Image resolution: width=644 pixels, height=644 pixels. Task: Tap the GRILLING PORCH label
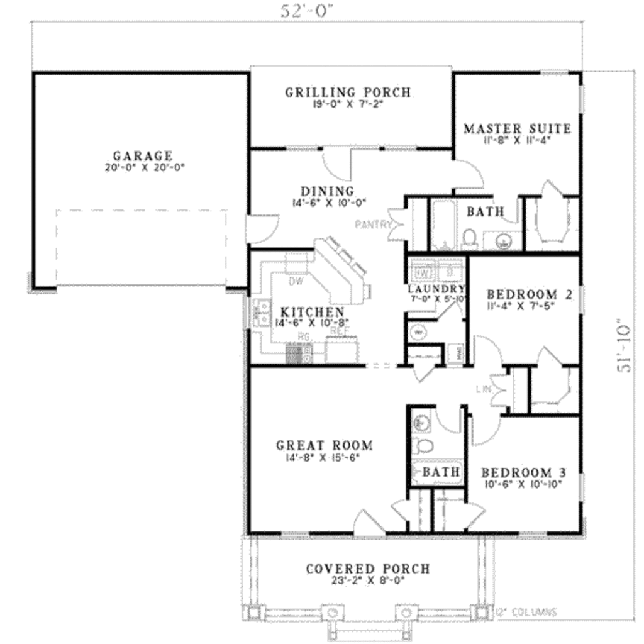(x=348, y=92)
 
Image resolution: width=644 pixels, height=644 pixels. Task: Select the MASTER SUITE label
(x=517, y=129)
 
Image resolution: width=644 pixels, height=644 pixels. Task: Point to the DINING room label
(x=326, y=191)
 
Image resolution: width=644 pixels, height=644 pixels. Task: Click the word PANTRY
(x=373, y=225)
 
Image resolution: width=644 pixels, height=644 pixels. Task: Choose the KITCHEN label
(x=312, y=312)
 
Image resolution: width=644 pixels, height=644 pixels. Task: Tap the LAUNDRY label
(x=436, y=289)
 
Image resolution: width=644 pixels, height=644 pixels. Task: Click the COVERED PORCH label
(x=368, y=569)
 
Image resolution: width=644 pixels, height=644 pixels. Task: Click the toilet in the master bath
(x=469, y=238)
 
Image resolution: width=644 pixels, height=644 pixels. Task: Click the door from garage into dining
(x=261, y=229)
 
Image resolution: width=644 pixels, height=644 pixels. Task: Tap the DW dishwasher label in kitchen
(x=296, y=282)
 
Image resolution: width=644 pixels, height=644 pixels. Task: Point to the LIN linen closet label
(x=483, y=390)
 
